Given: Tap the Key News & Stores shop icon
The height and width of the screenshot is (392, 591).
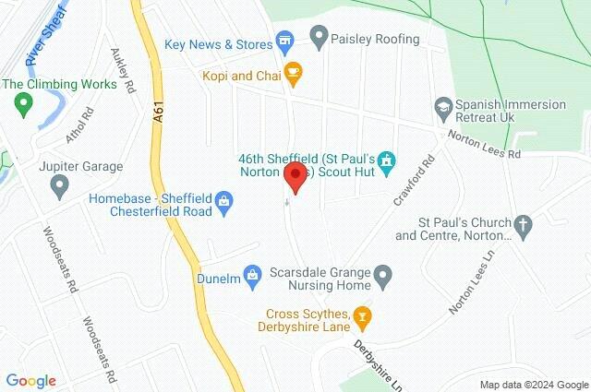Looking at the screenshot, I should (284, 42).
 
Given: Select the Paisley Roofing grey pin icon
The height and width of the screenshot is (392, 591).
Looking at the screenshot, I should (319, 39).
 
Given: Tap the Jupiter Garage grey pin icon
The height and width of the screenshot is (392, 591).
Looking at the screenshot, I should (60, 186).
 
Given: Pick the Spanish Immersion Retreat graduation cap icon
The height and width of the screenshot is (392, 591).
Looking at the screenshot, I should (442, 107).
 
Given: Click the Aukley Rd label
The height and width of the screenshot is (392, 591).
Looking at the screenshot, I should (122, 70).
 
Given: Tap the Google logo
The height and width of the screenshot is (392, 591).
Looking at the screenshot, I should (30, 380).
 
